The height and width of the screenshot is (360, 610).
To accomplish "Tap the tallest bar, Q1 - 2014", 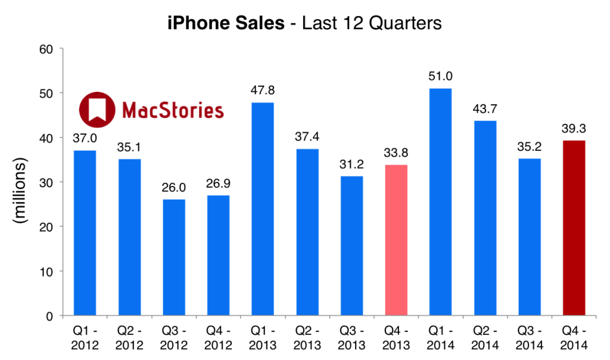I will pyautogui.click(x=441, y=202).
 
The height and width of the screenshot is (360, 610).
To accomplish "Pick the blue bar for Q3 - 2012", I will pyautogui.click(x=174, y=257).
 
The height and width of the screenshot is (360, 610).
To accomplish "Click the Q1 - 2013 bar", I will pyautogui.click(x=263, y=209).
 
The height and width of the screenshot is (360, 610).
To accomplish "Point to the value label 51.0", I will pyautogui.click(x=441, y=77).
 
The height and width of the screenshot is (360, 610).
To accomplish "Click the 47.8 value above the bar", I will pyautogui.click(x=263, y=92).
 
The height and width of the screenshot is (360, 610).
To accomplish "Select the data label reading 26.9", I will pyautogui.click(x=219, y=184).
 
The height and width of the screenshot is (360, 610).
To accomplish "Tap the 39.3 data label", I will pyautogui.click(x=574, y=129).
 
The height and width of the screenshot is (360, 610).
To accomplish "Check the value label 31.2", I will pyautogui.click(x=352, y=165).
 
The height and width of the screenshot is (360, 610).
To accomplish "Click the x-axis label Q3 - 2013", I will pyautogui.click(x=352, y=337).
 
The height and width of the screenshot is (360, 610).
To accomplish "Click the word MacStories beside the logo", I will pyautogui.click(x=172, y=110).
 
